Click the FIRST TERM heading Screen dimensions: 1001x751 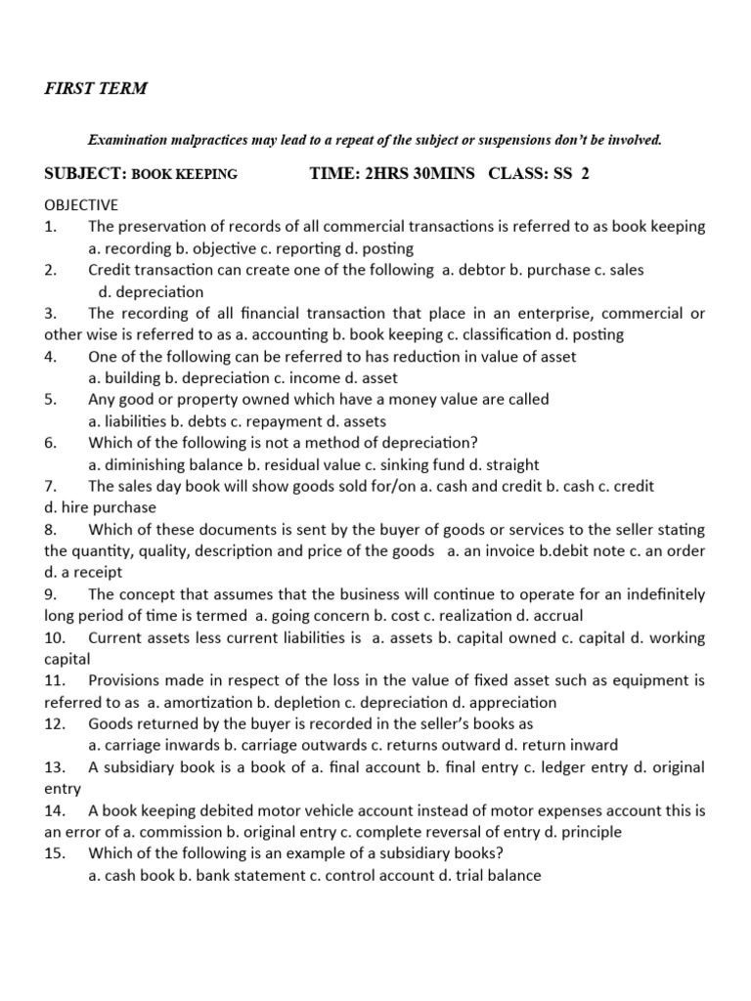click(96, 88)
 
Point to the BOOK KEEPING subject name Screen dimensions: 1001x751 click(185, 175)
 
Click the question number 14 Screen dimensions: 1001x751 click(55, 810)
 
